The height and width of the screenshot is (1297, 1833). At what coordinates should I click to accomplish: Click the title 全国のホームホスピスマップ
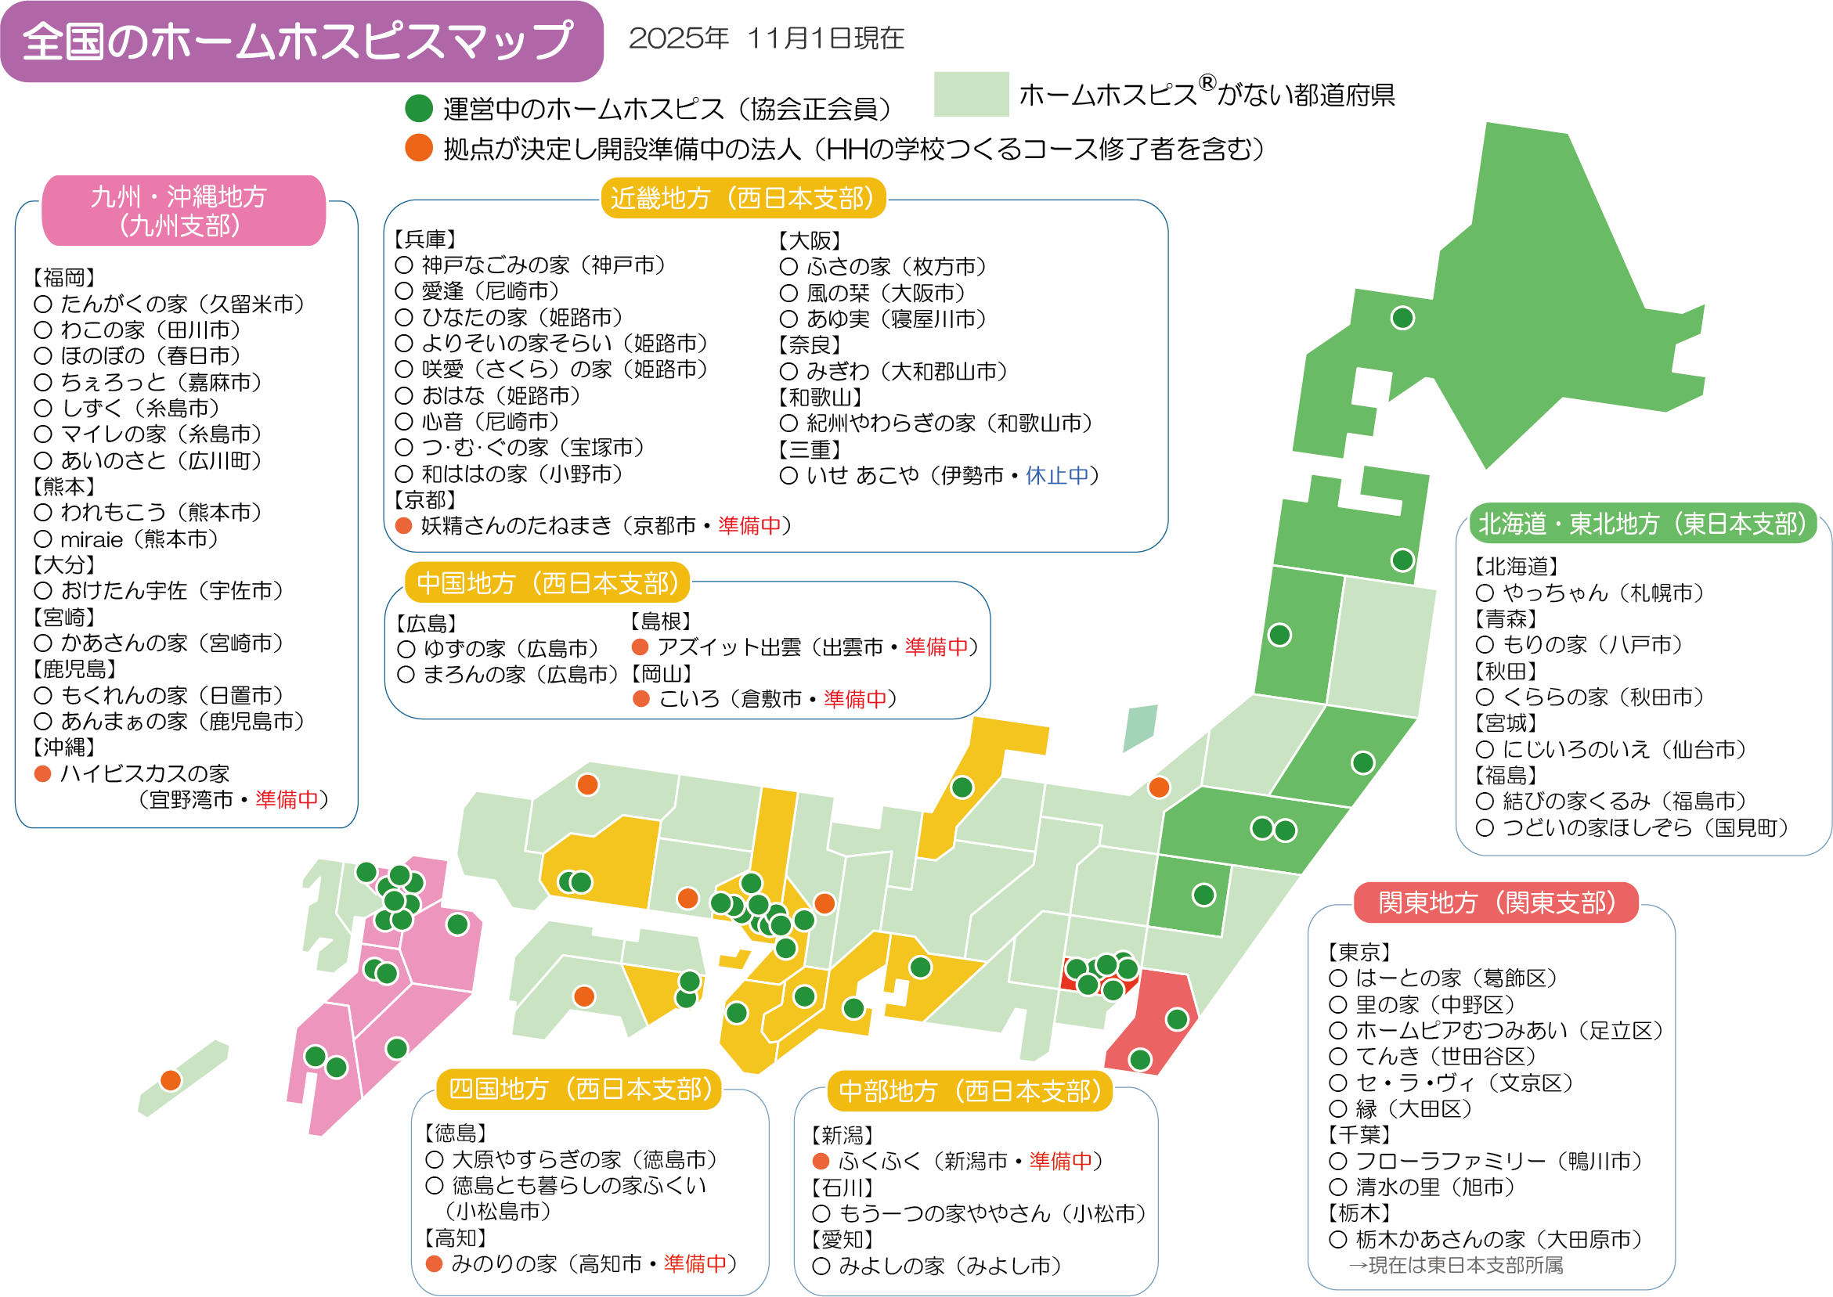tap(300, 41)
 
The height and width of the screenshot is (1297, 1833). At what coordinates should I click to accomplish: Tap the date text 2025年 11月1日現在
tap(766, 38)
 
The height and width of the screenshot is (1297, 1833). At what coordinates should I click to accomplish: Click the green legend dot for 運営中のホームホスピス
tap(419, 108)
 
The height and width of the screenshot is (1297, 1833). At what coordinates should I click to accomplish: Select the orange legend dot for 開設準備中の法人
tap(419, 148)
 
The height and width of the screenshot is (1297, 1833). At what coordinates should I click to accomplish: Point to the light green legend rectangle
tap(970, 94)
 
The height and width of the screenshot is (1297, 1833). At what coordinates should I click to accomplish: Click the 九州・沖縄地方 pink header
tap(183, 211)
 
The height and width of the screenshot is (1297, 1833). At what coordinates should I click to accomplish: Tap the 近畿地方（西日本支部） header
tap(743, 198)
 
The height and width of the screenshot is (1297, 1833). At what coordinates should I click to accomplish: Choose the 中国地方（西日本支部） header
tap(547, 583)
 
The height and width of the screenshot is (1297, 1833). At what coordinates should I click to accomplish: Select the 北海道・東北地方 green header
tap(1642, 523)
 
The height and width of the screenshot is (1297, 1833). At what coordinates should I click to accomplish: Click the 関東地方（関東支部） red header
tap(1496, 902)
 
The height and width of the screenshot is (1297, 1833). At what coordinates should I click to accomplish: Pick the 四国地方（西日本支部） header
tap(579, 1089)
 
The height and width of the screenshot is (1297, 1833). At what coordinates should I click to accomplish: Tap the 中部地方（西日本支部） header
tap(969, 1091)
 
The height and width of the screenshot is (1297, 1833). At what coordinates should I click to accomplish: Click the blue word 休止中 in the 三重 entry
tap(1057, 476)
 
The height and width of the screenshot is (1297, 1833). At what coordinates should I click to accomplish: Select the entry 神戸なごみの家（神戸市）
tap(543, 265)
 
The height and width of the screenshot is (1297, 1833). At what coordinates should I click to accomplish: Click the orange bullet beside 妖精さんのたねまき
tap(404, 525)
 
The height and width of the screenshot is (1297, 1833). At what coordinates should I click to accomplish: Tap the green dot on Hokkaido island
tap(1402, 318)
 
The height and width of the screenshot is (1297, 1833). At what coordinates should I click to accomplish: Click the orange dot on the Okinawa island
tap(170, 1080)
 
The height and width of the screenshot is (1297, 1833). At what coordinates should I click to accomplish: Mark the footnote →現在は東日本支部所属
tap(1456, 1265)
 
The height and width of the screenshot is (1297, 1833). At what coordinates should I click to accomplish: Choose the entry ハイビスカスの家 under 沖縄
tap(145, 773)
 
